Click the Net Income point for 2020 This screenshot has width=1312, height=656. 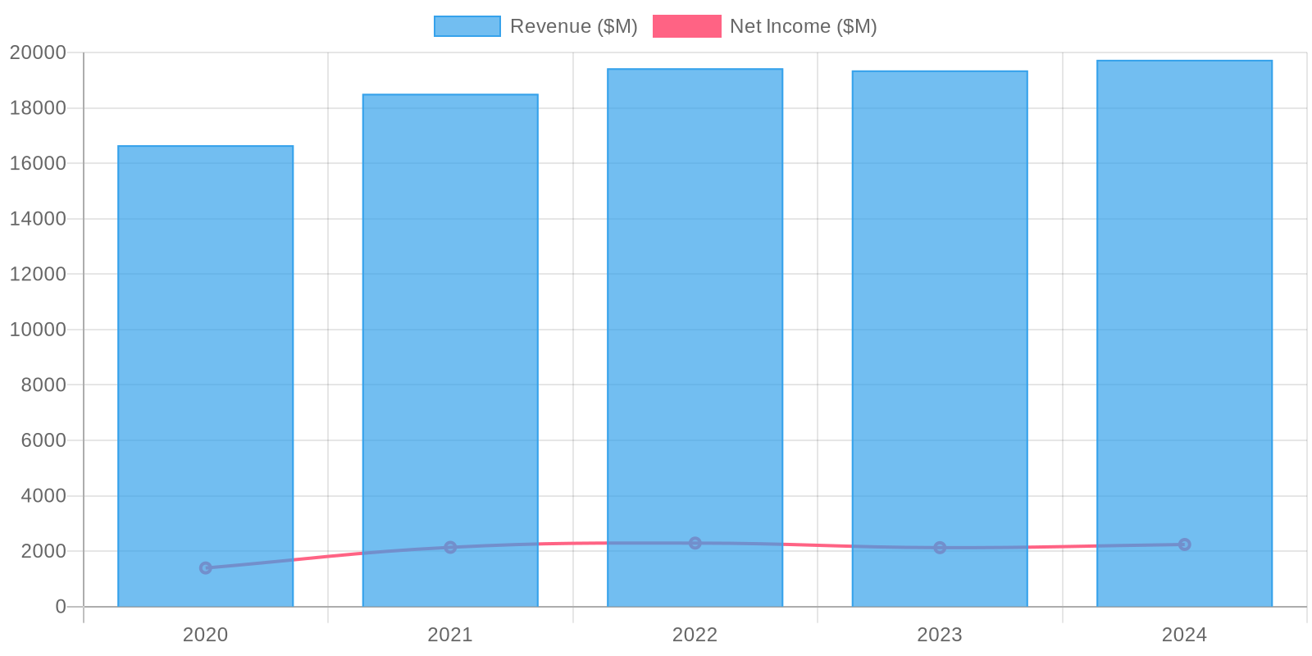pos(206,567)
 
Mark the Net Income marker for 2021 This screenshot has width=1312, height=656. pos(450,547)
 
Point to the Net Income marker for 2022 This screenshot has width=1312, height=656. pos(695,543)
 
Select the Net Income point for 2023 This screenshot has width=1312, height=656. pos(940,547)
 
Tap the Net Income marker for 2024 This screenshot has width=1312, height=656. pos(1184,544)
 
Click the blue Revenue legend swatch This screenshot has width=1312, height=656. pos(467,26)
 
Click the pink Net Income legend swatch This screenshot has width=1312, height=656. pos(686,26)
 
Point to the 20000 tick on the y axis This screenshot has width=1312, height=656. pos(38,52)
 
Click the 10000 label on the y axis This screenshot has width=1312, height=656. pos(38,330)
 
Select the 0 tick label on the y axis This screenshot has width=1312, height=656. pos(61,607)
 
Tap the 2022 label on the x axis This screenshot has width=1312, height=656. pos(695,635)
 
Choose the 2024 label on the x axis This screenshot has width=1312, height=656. pos(1184,635)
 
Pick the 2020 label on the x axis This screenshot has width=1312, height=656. pos(205,635)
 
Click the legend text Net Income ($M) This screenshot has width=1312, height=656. pos(803,26)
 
